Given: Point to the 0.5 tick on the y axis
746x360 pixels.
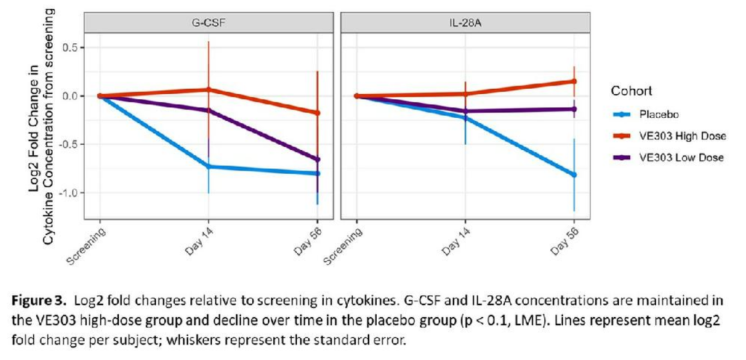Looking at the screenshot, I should tap(70, 48).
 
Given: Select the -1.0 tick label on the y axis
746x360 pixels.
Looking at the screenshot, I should tap(68, 193).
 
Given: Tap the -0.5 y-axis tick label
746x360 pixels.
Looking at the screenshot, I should tap(68, 144).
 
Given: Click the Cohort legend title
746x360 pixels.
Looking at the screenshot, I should tap(630, 91).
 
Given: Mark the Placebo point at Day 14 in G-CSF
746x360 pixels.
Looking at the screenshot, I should tap(209, 167).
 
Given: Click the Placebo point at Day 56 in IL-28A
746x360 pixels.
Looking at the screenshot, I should tap(573, 175).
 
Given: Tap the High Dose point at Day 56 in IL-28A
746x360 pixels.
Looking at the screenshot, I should tap(573, 82).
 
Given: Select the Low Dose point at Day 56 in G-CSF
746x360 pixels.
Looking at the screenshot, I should tap(317, 160).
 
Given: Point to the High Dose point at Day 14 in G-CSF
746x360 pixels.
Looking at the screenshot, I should tap(209, 90).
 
